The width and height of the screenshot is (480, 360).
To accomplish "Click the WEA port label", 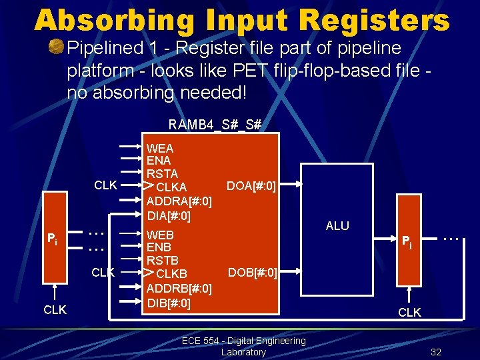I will click(x=160, y=148).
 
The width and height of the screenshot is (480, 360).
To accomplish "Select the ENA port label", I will click(x=159, y=161).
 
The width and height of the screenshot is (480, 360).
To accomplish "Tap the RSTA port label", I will click(x=162, y=174).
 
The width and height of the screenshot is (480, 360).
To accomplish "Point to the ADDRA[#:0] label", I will click(x=179, y=201).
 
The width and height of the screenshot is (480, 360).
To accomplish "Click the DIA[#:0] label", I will click(x=169, y=216).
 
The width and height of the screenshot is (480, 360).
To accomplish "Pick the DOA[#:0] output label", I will click(x=251, y=185).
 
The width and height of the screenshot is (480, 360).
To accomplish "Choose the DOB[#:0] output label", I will click(x=252, y=272).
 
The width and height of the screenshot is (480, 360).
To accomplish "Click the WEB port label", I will click(x=160, y=235).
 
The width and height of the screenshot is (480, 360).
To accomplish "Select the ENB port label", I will click(x=159, y=247).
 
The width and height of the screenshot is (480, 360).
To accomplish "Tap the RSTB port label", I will click(x=162, y=260).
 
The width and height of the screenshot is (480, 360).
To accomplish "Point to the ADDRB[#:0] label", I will click(x=179, y=289).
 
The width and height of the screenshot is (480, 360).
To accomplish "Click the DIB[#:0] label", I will click(x=169, y=303).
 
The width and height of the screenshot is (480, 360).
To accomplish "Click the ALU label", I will click(x=337, y=226).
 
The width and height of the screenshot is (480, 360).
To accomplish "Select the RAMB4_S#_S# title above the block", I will click(x=215, y=125).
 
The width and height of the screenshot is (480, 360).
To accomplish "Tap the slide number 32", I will click(x=436, y=352).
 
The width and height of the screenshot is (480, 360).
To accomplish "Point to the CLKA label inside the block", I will click(x=171, y=187).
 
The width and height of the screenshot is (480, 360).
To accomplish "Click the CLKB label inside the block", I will click(x=171, y=274).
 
